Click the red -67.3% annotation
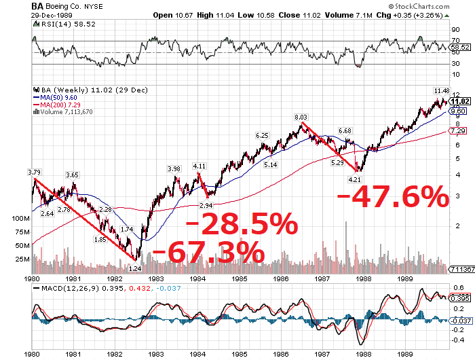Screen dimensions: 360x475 [209, 252]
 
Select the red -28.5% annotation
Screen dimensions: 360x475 [242, 223]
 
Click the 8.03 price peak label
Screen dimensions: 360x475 [301, 118]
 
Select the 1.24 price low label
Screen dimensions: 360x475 [135, 268]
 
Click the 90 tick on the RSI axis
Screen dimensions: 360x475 [455, 29]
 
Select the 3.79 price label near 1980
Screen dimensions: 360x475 [35, 153]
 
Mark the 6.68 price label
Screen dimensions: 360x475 [345, 130]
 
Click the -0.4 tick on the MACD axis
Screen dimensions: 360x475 [458, 340]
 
